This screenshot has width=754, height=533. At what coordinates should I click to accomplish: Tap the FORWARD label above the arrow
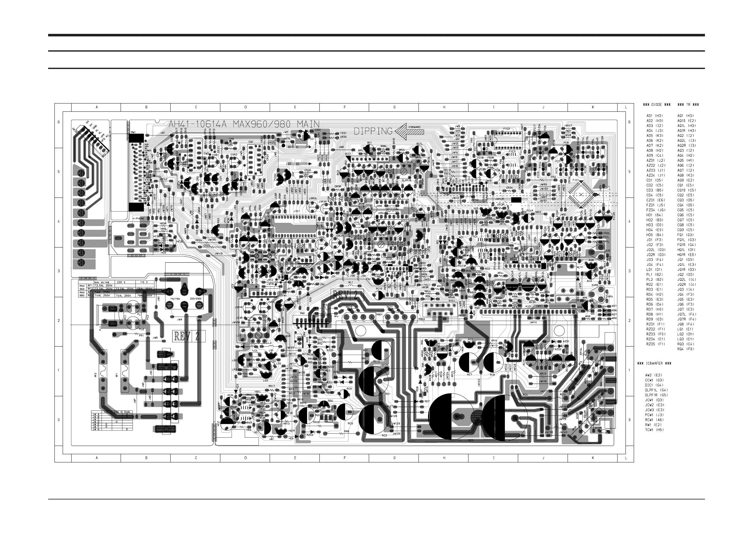(414, 127)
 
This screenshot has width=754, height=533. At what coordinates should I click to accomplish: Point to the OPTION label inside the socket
(392, 209)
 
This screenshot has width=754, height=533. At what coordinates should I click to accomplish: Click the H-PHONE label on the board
(138, 218)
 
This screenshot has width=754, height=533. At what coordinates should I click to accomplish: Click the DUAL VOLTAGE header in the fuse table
(102, 282)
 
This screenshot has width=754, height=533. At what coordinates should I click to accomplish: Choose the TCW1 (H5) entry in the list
(655, 430)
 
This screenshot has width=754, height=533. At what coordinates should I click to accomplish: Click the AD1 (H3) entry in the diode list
(655, 116)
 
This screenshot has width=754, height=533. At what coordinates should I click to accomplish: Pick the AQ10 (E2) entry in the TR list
(686, 121)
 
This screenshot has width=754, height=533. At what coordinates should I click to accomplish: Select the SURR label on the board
(595, 285)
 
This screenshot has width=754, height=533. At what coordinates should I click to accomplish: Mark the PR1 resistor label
(141, 335)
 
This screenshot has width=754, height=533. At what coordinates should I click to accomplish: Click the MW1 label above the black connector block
(133, 132)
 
